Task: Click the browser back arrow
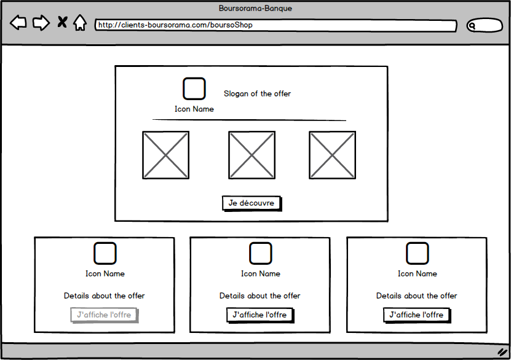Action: point(18,23)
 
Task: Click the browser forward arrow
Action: point(41,23)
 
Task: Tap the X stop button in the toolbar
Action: point(62,22)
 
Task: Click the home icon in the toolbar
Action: point(80,23)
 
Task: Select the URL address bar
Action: point(275,25)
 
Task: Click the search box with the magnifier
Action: point(485,25)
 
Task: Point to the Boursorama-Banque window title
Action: point(255,8)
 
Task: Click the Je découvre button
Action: point(252,203)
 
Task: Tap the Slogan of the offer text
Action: point(257,94)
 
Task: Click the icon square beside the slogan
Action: point(194,88)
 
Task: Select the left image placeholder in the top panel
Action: point(165,155)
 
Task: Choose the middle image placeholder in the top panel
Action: point(252,155)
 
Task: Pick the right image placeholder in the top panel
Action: point(333,155)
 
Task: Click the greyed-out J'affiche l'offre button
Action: point(105,315)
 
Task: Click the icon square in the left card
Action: point(105,253)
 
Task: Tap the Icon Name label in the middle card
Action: point(261,274)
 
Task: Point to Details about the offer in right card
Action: point(416,296)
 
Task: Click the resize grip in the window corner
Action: point(502,352)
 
